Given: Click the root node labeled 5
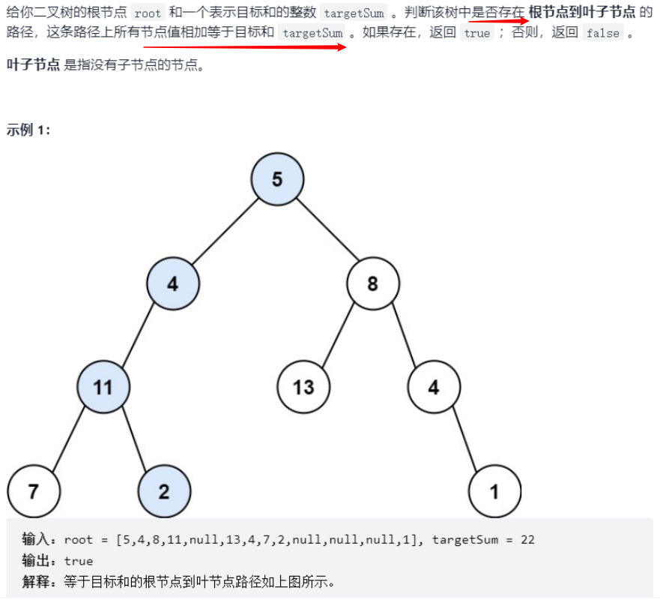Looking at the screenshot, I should tap(277, 180).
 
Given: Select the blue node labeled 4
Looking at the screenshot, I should tap(173, 283).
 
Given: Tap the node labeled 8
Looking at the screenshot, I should tap(372, 283).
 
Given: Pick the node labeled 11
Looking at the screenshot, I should tap(103, 387).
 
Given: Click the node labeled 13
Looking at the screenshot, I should tap(303, 387).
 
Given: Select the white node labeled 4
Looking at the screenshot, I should tap(434, 387).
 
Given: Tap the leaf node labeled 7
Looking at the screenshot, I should tap(33, 491).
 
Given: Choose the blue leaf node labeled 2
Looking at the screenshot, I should tap(164, 491).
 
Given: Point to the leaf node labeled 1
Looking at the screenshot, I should tap(494, 491).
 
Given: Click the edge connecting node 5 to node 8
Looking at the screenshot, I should tap(325, 232).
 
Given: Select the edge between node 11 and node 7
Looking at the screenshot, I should tap(67, 439).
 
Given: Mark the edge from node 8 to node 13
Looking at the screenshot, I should tap(338, 335).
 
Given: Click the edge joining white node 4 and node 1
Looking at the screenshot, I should tap(464, 439).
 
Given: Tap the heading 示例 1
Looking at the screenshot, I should tap(28, 130).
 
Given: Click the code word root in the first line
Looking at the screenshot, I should tap(148, 13).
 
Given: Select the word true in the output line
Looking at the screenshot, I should tap(79, 561).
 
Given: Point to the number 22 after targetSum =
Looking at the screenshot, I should tap(527, 539).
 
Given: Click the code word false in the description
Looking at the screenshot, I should tap(602, 33).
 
